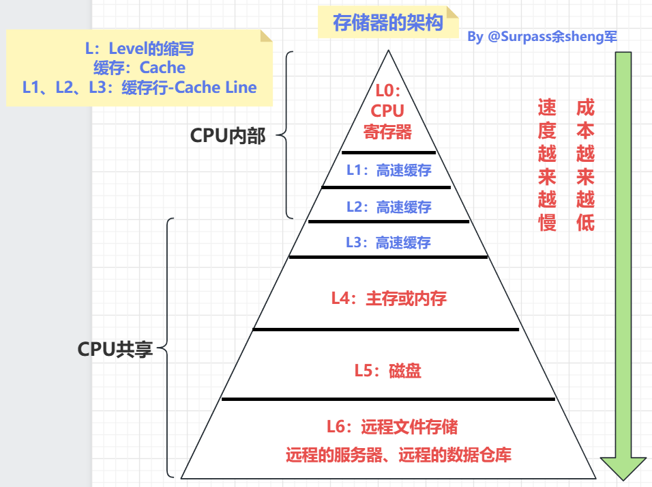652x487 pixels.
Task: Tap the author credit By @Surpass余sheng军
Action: pos(542,37)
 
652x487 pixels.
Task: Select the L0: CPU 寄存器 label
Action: pos(387,111)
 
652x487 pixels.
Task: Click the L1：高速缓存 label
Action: pos(389,171)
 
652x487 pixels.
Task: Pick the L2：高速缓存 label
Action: pos(389,206)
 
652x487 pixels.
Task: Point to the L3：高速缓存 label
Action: pos(389,242)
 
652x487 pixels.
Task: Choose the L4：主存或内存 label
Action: pos(389,298)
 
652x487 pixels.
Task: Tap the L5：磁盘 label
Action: pos(387,371)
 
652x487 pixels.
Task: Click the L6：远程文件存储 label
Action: pos(391,428)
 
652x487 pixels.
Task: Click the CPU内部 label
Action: pos(228,136)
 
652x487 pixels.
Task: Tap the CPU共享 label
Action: pos(115,350)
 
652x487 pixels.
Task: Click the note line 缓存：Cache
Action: pos(140,68)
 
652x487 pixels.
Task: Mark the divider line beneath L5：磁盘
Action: pos(388,399)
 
